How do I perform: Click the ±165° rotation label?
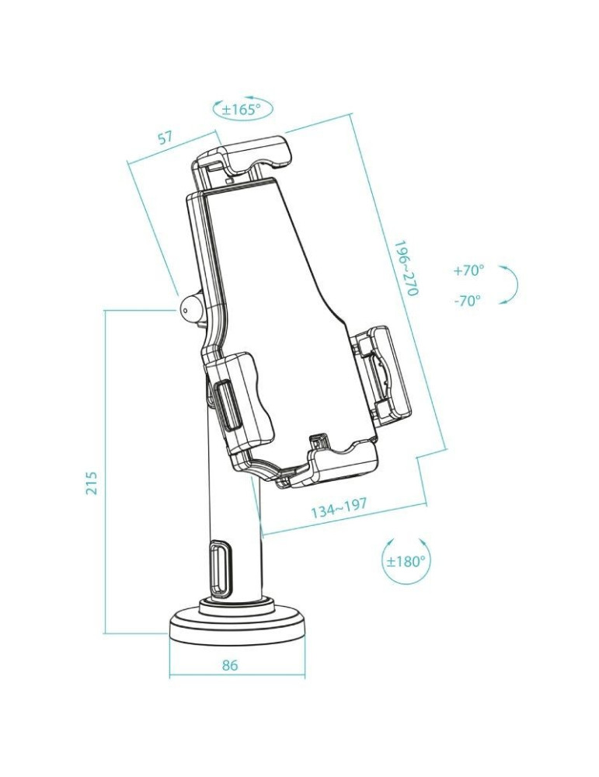(x=242, y=110)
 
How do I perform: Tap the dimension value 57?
(x=165, y=138)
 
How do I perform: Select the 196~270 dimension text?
(x=406, y=267)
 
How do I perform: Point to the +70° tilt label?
(x=468, y=270)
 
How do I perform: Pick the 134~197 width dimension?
(x=339, y=510)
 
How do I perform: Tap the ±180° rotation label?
(x=407, y=561)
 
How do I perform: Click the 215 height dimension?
(x=92, y=483)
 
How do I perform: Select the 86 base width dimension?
(x=230, y=665)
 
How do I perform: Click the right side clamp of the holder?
(x=382, y=374)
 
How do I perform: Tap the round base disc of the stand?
(x=236, y=628)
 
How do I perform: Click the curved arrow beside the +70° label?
(x=509, y=285)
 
